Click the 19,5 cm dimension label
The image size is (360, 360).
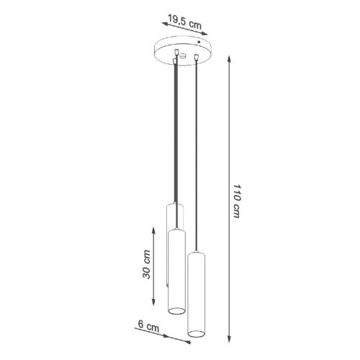185,22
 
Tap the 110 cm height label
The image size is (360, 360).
237,201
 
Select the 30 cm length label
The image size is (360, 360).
146,264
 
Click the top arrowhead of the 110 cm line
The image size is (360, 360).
229,58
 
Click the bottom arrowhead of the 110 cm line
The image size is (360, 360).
229,339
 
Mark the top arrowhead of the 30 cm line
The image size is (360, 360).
153,230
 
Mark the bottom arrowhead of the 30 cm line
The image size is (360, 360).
153,302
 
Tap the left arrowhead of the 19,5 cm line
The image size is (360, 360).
165,24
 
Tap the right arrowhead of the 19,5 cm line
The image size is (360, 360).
204,34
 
